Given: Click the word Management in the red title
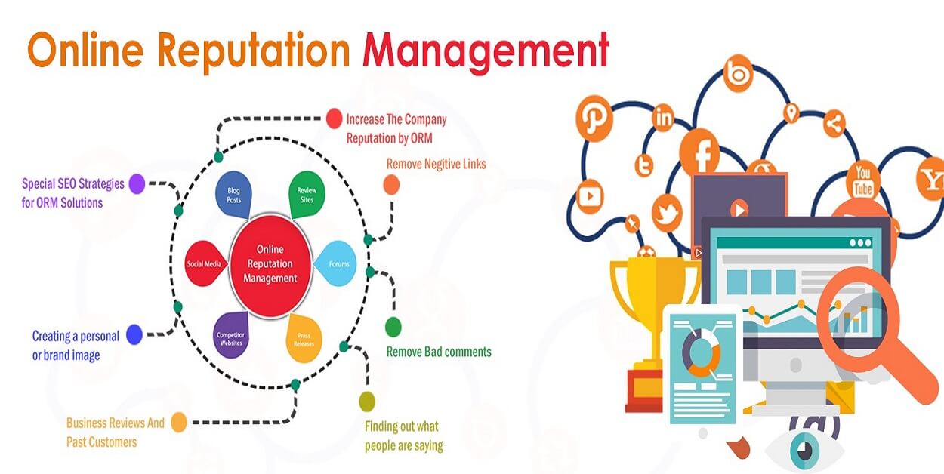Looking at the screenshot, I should coord(486,51).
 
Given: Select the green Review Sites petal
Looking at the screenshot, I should coord(307,195).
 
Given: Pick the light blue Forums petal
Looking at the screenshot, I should coord(337,263).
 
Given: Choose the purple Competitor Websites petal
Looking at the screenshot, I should coord(230,337).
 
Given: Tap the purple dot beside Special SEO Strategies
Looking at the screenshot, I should coord(137,183).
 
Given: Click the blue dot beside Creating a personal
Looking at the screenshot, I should coord(134,334).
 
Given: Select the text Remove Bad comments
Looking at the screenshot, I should coord(439,352).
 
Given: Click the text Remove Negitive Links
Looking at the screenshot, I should coord(436,164).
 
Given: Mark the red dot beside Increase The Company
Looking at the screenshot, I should coord(334,118).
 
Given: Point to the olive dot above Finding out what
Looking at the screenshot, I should coord(367,401).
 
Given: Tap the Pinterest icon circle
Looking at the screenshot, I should coord(594,119).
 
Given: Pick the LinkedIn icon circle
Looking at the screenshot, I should coord(664,117).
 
